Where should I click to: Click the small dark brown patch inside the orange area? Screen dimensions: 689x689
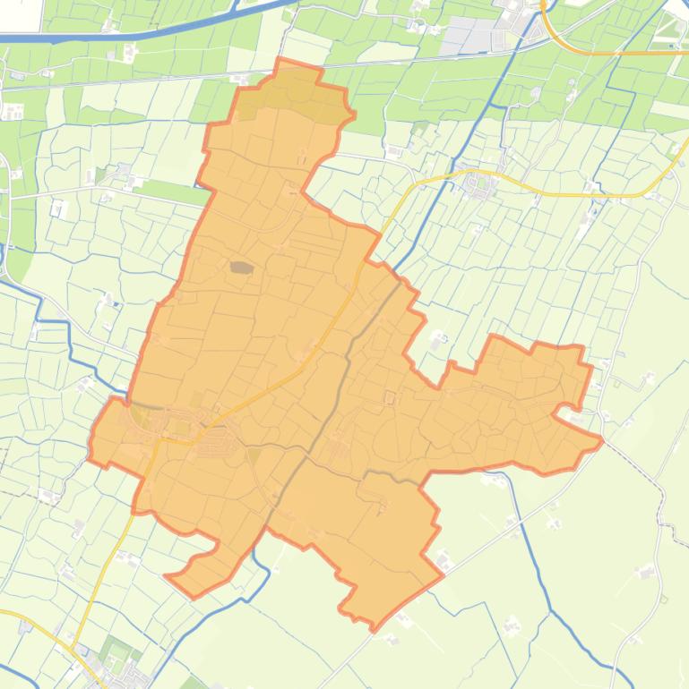tap(241, 267)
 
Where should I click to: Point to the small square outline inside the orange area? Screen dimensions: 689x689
tap(390, 397)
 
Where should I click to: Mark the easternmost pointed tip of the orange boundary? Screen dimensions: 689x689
tap(601, 439)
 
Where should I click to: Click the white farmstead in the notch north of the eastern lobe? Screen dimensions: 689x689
tap(438, 341)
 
